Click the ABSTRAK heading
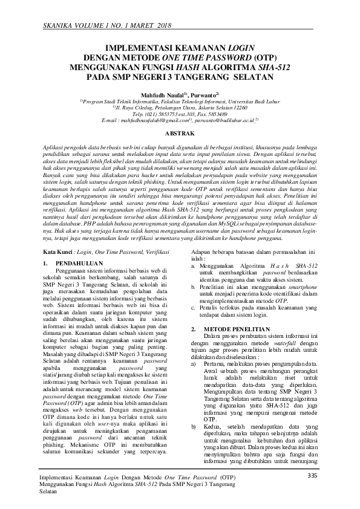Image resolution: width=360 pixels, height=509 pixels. (x=180, y=132)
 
